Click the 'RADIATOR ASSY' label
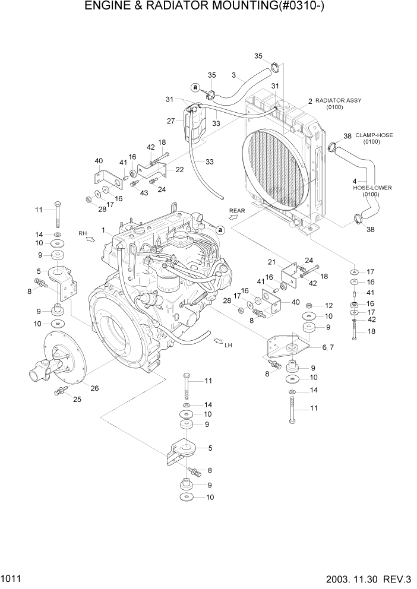click(338, 101)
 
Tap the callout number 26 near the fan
click(94, 389)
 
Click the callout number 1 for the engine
click(103, 230)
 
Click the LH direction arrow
click(217, 342)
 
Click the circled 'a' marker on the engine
click(220, 230)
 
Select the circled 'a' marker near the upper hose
click(195, 87)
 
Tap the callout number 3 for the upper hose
click(233, 75)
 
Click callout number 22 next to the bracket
click(179, 170)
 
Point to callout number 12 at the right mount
click(328, 305)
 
